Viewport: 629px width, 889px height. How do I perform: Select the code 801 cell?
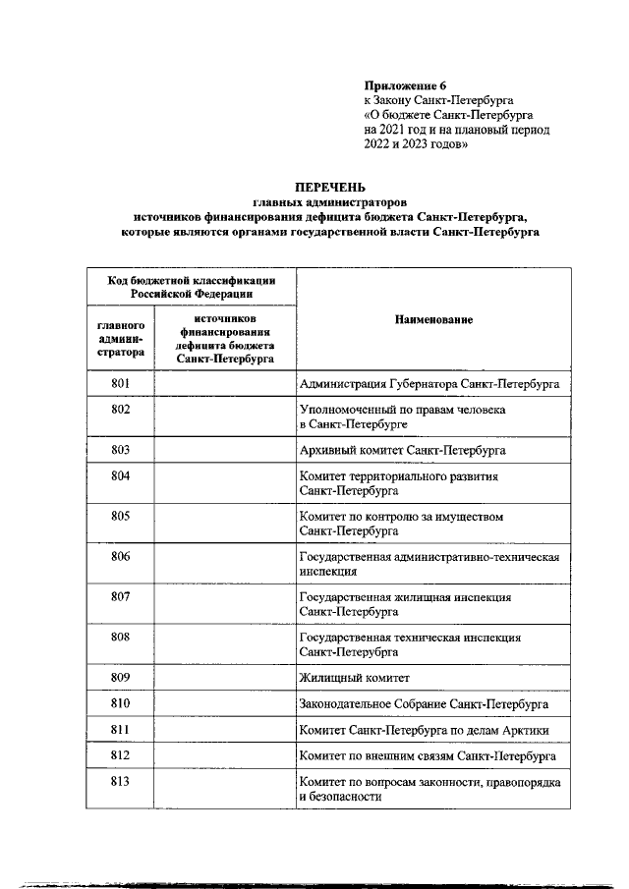pyautogui.click(x=121, y=383)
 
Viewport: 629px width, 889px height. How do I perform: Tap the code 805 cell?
pyautogui.click(x=121, y=515)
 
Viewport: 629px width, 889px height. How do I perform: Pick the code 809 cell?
pyautogui.click(x=121, y=678)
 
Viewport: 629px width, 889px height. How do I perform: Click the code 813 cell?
pyautogui.click(x=121, y=781)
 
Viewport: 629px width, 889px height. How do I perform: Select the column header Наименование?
pyautogui.click(x=433, y=320)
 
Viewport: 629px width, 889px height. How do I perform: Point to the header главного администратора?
pyautogui.click(x=121, y=338)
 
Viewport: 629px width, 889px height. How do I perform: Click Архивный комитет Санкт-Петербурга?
pyautogui.click(x=401, y=449)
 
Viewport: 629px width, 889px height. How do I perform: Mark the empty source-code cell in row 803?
pyautogui.click(x=223, y=449)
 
